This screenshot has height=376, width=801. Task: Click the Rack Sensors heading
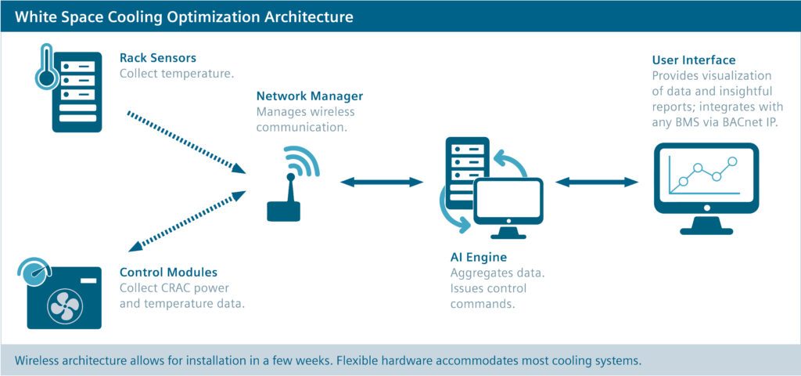(x=158, y=57)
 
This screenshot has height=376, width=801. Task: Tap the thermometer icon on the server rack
(x=45, y=67)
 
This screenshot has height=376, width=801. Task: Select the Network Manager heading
(x=310, y=96)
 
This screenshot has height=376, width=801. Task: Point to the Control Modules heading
(x=169, y=272)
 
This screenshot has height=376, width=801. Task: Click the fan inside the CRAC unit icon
(x=64, y=306)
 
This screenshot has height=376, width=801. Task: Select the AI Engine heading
(x=478, y=257)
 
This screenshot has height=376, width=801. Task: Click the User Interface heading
(x=694, y=60)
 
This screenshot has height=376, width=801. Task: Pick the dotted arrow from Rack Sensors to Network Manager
(x=186, y=143)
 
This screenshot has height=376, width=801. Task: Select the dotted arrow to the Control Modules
(x=187, y=221)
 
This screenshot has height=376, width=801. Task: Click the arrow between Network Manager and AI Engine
(x=382, y=182)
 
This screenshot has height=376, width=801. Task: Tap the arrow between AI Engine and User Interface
(x=597, y=182)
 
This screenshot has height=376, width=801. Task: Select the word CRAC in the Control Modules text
(x=186, y=287)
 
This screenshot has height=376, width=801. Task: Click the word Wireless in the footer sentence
(x=36, y=360)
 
